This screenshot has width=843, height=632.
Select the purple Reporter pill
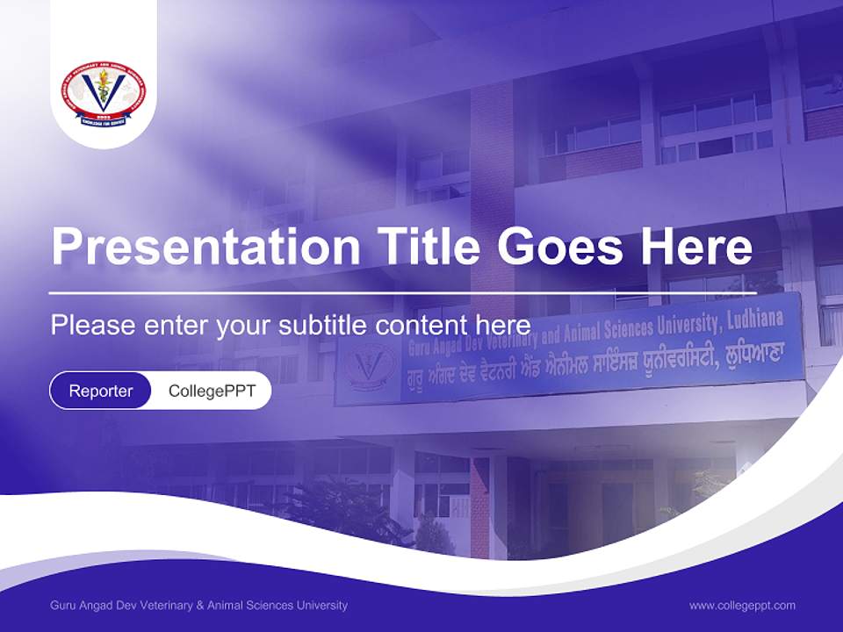coord(100,391)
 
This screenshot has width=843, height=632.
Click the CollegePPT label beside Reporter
coord(212,391)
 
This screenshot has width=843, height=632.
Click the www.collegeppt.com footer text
coord(742,605)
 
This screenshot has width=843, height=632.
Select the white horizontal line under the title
coord(402,293)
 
